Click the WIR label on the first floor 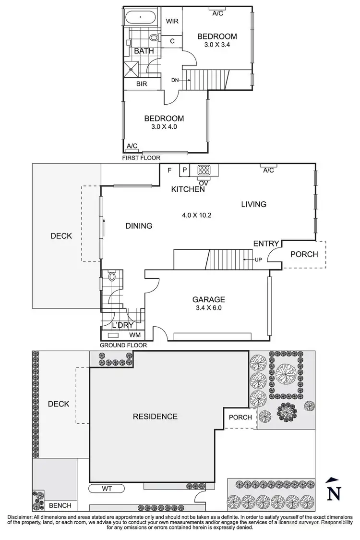pyautogui.click(x=172, y=22)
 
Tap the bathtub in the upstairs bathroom pyautogui.click(x=140, y=18)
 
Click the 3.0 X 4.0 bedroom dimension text pyautogui.click(x=164, y=128)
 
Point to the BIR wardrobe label pyautogui.click(x=141, y=84)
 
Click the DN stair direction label pyautogui.click(x=175, y=80)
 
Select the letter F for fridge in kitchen pyautogui.click(x=169, y=170)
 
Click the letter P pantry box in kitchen pyautogui.click(x=185, y=170)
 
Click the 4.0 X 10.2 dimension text pyautogui.click(x=196, y=215)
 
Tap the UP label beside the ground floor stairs pyautogui.click(x=258, y=260)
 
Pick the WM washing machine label pyautogui.click(x=135, y=334)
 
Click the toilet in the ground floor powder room pyautogui.click(x=112, y=277)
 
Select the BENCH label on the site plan pyautogui.click(x=60, y=505)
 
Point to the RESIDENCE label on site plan pyautogui.click(x=155, y=417)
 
